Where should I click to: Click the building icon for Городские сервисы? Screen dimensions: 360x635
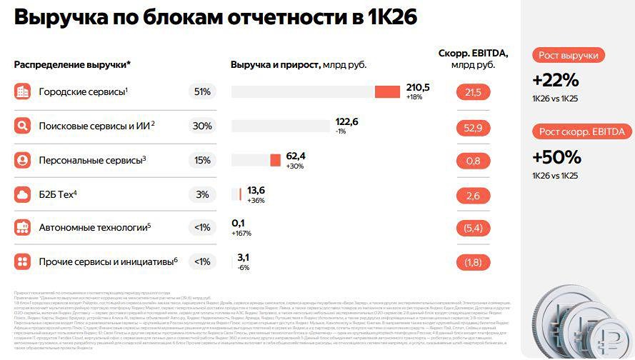[23, 91]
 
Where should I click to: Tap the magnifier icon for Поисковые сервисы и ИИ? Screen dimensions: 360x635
[23, 126]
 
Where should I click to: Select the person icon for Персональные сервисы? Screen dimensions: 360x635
[23, 161]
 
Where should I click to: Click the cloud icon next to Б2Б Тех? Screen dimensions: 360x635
[23, 194]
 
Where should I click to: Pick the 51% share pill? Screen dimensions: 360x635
[202, 91]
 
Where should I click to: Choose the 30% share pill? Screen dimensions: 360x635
[202, 126]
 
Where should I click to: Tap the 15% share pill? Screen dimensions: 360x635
[202, 161]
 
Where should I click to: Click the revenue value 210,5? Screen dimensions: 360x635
[418, 87]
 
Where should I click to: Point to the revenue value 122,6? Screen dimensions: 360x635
[346, 121]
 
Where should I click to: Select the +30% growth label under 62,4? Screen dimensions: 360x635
[295, 166]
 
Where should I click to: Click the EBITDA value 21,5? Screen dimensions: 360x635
[473, 92]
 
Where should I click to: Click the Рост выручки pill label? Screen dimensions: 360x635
[569, 56]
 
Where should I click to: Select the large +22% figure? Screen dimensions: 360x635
[555, 80]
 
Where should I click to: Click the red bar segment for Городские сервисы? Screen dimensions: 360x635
[387, 91]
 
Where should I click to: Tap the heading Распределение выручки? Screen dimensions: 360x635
[71, 65]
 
